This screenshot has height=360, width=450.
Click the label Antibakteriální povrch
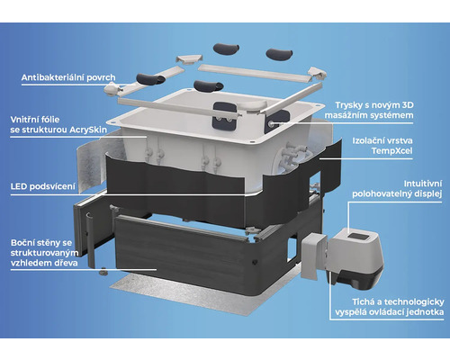[x=68, y=77]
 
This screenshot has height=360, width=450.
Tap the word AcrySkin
[x=88, y=130]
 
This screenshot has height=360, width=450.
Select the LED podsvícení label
[x=43, y=186]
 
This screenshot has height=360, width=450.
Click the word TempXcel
[x=391, y=150]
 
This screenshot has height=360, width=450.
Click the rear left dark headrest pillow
[x=226, y=49]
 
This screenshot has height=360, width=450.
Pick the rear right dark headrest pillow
[x=279, y=54]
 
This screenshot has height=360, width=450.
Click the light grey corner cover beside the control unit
[x=313, y=256]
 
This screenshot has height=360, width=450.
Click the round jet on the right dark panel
[x=271, y=123]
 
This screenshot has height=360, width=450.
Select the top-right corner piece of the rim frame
[x=317, y=73]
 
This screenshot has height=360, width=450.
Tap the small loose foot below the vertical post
[x=103, y=272]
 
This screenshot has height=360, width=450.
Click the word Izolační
[x=365, y=140]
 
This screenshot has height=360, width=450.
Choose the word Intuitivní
[x=423, y=184]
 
